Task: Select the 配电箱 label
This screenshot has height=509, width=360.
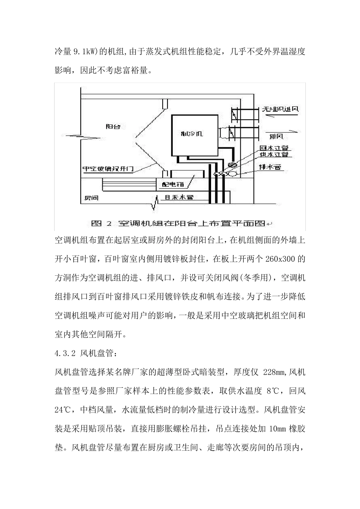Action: coord(172,184)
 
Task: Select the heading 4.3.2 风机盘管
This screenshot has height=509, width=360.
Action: coord(86,354)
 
